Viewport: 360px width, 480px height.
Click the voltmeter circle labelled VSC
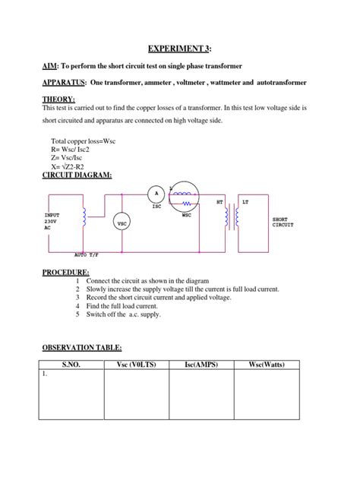[122, 223]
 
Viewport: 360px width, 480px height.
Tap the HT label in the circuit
[220, 203]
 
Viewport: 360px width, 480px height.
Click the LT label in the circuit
[245, 203]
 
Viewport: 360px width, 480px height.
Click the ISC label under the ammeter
[156, 207]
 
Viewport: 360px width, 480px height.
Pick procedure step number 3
[77, 298]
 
